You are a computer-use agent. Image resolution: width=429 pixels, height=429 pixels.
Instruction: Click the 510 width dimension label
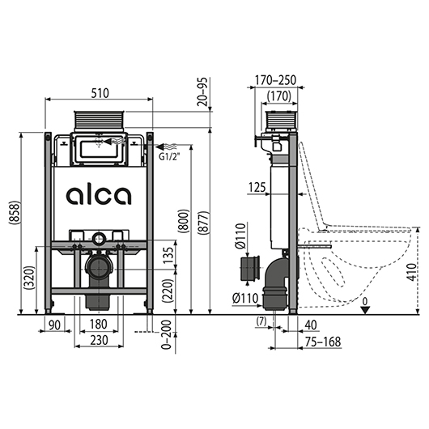click(100, 93)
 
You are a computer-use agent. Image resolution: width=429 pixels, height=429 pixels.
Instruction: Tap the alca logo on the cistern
click(99, 196)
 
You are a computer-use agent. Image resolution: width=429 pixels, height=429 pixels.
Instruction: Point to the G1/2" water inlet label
click(168, 158)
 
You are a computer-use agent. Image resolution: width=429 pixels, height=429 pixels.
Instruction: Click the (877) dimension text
click(204, 223)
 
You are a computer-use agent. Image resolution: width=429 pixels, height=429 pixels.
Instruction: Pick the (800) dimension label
click(184, 221)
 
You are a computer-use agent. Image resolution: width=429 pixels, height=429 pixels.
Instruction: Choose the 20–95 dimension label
click(203, 91)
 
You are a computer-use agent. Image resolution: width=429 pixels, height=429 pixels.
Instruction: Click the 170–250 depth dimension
click(275, 80)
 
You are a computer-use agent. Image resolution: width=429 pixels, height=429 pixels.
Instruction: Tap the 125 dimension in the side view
click(257, 188)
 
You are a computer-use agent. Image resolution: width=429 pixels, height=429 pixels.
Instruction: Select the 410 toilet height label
click(411, 272)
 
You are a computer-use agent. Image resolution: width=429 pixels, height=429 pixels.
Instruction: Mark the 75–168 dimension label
click(323, 342)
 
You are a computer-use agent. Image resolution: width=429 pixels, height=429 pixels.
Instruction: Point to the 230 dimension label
click(99, 340)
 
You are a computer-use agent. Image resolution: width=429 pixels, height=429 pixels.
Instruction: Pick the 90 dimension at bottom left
click(54, 325)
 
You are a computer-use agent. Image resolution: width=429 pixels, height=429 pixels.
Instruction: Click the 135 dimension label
click(168, 255)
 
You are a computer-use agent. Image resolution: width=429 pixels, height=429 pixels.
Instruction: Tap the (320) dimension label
click(30, 278)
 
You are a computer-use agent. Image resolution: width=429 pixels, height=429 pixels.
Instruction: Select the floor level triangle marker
click(365, 310)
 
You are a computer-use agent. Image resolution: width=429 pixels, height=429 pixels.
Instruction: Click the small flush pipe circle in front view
click(99, 238)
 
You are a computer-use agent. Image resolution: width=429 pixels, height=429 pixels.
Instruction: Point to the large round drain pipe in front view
click(99, 268)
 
